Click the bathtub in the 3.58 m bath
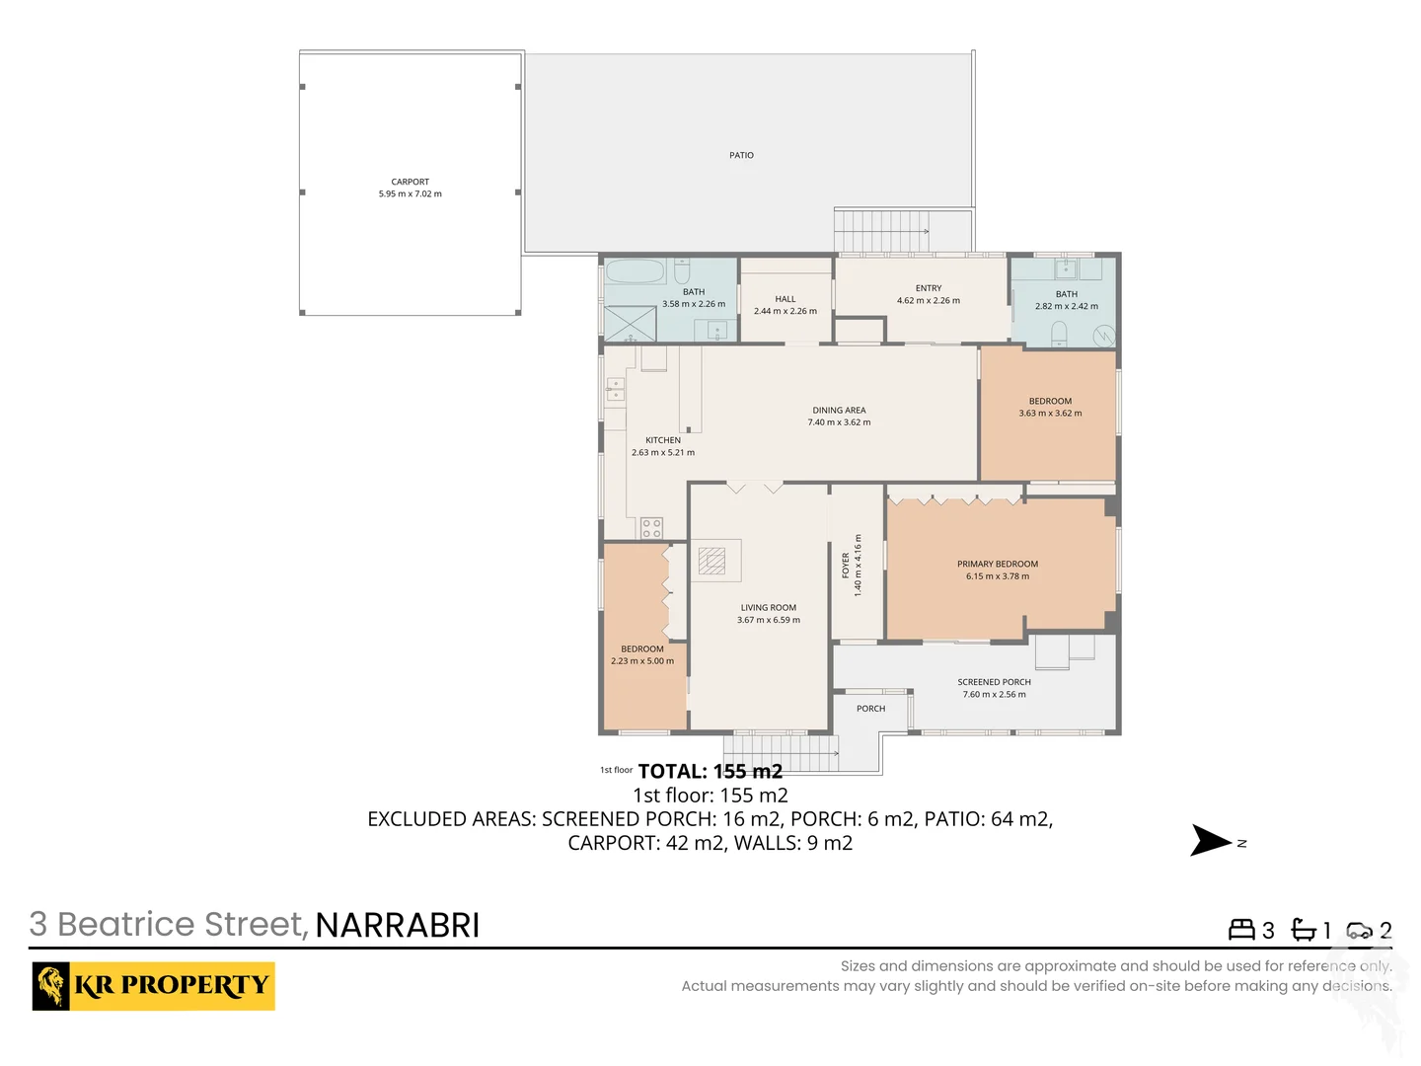click(635, 271)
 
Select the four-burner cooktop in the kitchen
click(651, 528)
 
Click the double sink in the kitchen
click(615, 389)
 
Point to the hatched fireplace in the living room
click(711, 561)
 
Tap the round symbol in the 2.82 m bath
click(1103, 336)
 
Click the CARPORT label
click(410, 182)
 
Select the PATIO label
click(741, 155)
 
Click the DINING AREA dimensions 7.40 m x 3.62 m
click(839, 422)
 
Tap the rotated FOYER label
click(846, 565)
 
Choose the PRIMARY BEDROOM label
click(997, 564)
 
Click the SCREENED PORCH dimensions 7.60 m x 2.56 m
click(994, 694)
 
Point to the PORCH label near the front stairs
click(870, 709)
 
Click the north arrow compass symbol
click(1211, 841)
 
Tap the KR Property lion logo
click(51, 985)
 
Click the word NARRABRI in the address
click(397, 925)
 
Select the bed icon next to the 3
click(1240, 930)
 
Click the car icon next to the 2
click(1359, 930)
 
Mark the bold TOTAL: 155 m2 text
click(710, 771)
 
